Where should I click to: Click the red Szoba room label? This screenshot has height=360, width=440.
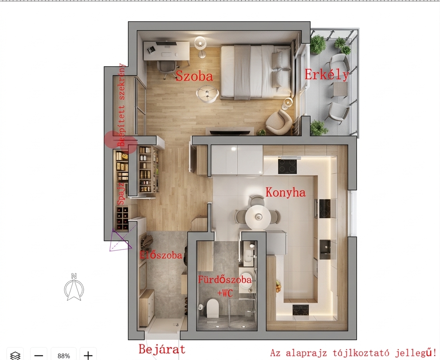194,76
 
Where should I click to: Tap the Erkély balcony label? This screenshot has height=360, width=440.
327,74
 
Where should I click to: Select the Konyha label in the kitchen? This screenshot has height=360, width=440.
286,192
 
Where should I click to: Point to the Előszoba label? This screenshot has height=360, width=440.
161,255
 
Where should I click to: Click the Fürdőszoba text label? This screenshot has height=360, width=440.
225,280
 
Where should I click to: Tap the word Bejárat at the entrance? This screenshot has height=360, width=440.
162,350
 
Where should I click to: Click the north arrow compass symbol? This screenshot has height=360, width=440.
74,287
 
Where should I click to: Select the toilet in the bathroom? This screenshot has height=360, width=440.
212,307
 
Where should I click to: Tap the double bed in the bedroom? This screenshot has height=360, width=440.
256,72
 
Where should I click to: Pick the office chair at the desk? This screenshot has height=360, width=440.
168,69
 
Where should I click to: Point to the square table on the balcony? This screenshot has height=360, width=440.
340,90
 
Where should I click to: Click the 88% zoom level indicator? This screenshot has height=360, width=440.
64,355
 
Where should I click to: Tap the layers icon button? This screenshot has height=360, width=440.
15,355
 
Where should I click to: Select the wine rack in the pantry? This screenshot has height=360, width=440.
122,218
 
